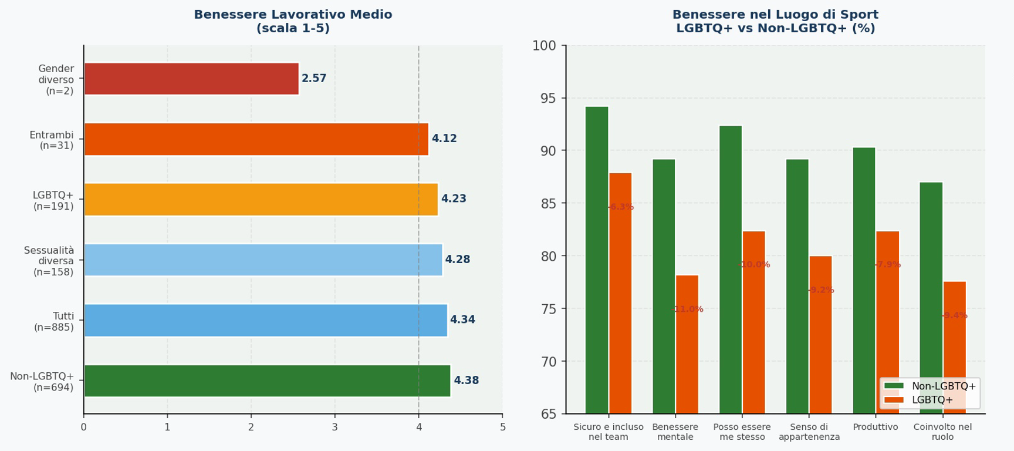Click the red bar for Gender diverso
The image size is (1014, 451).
pos(191,79)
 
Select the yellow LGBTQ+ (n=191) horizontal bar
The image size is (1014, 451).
pos(261,199)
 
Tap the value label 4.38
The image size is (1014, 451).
pos(466,381)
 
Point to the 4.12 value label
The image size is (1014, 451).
pos(444,139)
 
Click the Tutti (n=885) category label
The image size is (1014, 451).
pos(54,322)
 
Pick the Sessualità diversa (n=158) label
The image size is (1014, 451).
pos(49,261)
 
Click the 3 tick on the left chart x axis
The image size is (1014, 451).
pos(335,428)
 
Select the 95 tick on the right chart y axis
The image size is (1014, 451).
pos(548,98)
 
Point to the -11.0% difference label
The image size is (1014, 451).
pos(687,309)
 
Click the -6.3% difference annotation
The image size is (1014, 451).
pos(621,207)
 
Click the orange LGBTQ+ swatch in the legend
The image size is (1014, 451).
pos(894,400)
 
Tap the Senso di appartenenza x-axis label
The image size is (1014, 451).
pos(809,432)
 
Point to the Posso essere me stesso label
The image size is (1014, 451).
pos(742,432)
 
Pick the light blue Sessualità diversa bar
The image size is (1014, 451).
pos(263,260)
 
